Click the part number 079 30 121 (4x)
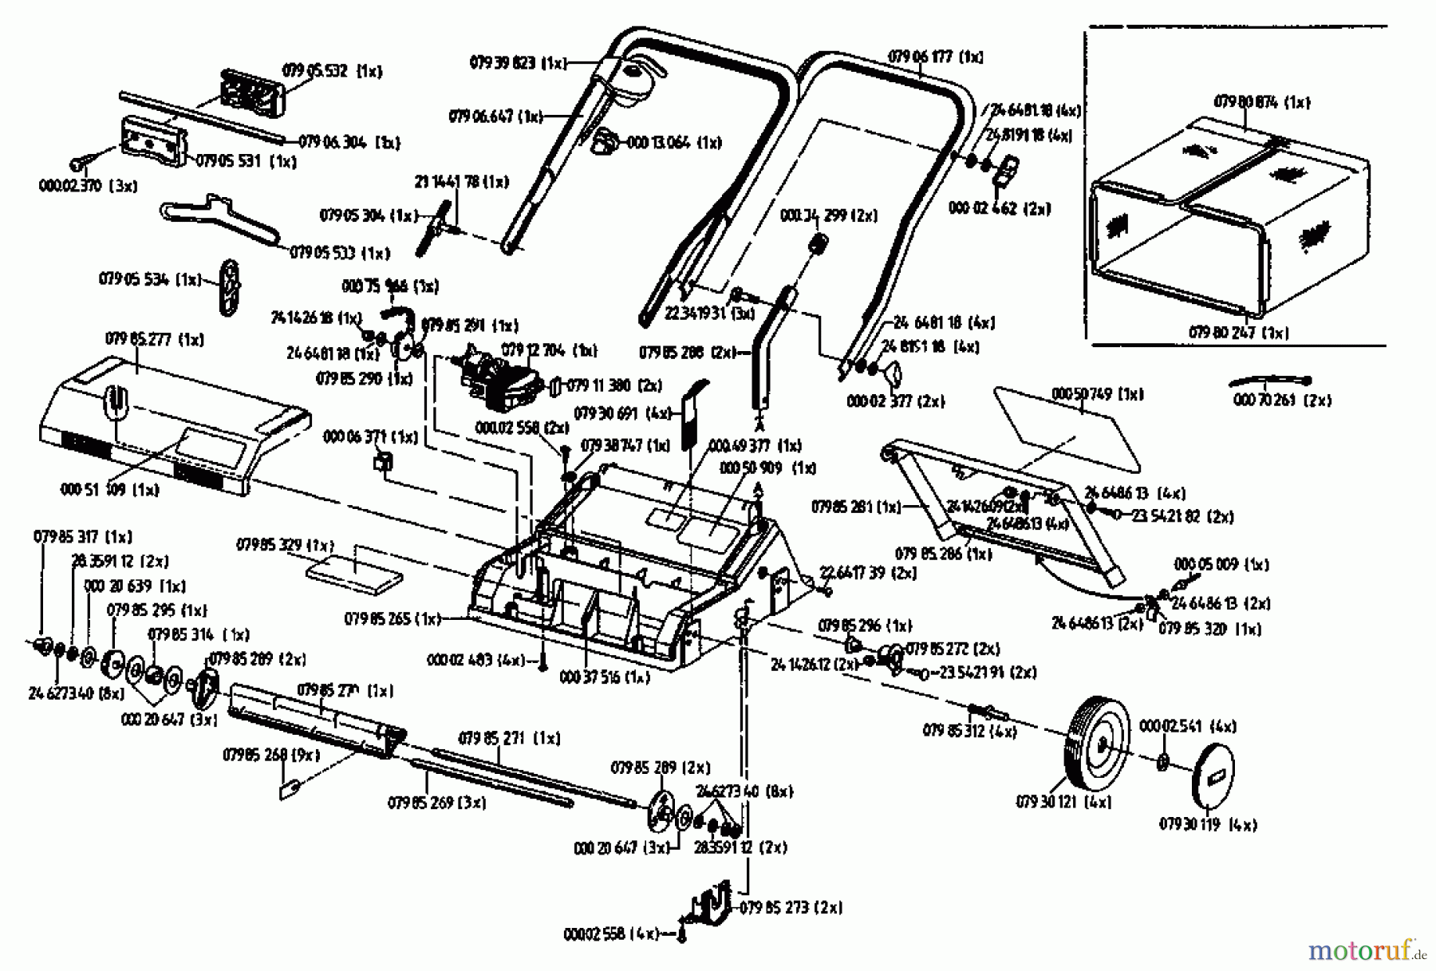click(1063, 802)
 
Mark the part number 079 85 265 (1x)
click(393, 618)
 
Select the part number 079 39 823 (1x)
click(517, 62)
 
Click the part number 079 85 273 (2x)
click(791, 907)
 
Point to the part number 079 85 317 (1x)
click(82, 536)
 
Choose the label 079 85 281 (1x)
click(855, 507)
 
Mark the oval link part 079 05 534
click(231, 287)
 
